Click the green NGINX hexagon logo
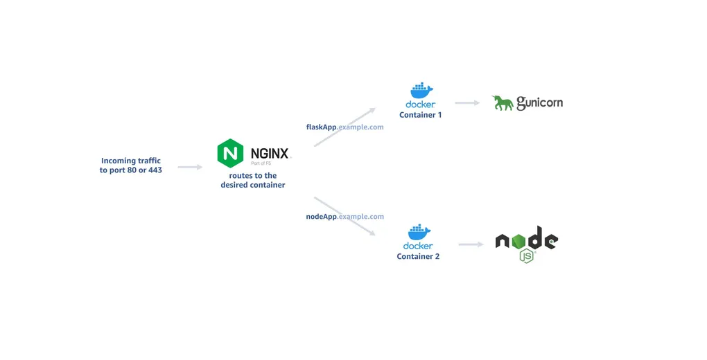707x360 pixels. [230, 153]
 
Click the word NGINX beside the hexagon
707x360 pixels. [270, 153]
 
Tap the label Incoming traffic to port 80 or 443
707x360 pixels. [131, 165]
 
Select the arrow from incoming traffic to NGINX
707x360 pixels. [190, 167]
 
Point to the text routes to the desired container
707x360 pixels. [253, 181]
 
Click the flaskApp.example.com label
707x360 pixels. [344, 127]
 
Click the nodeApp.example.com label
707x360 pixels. [344, 217]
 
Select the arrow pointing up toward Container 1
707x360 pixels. [344, 127]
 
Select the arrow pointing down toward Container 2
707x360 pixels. [344, 217]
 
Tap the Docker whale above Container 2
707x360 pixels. [419, 232]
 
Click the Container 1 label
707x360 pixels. [420, 115]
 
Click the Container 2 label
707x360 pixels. [418, 257]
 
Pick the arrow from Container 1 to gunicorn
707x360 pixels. [467, 103]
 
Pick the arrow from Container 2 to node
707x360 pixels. [470, 244]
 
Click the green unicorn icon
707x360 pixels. [503, 103]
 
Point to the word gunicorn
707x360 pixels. [539, 103]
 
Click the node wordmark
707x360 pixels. [526, 240]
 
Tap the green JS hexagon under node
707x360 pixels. [527, 256]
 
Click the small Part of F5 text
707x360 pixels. [261, 163]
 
